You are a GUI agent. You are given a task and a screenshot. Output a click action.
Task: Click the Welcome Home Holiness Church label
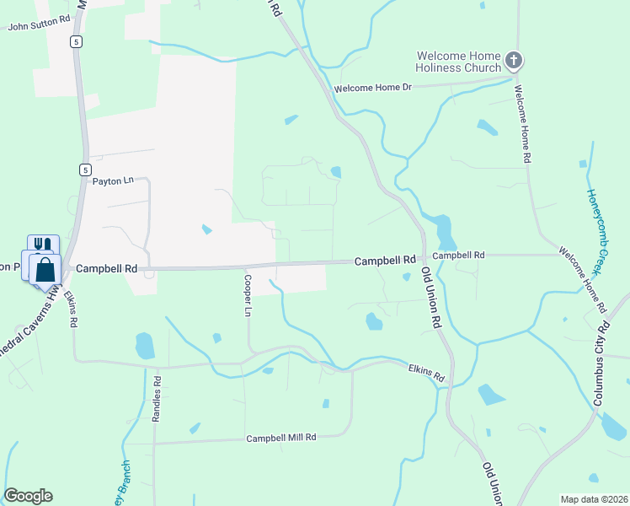(x=458, y=62)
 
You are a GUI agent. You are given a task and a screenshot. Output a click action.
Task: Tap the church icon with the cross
(x=514, y=62)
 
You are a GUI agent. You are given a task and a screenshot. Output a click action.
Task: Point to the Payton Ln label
(x=113, y=180)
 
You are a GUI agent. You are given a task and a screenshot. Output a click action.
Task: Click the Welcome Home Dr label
(x=372, y=88)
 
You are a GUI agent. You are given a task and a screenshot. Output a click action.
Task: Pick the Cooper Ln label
(x=248, y=294)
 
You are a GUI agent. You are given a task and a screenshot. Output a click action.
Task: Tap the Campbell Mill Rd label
(x=280, y=438)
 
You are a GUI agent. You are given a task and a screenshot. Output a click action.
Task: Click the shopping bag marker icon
(x=45, y=271)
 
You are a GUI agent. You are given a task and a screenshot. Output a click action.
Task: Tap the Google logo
(x=28, y=496)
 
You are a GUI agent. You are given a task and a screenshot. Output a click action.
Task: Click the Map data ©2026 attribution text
(x=594, y=499)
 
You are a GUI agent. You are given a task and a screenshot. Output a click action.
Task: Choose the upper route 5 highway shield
(x=77, y=41)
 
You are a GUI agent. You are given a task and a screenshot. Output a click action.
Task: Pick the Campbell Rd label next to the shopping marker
(x=106, y=269)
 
